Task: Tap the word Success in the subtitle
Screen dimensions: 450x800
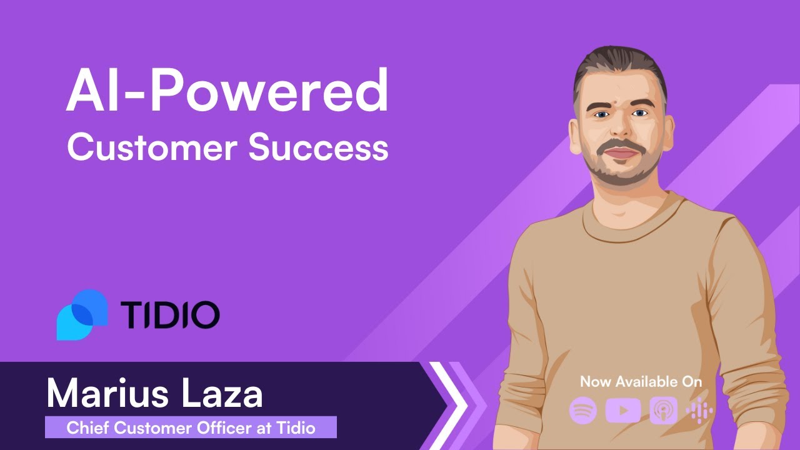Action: tap(317, 148)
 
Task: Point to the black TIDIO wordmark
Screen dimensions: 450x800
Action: tap(169, 314)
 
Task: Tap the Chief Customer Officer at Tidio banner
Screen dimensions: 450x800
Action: tap(191, 428)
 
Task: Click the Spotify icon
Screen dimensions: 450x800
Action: tap(583, 411)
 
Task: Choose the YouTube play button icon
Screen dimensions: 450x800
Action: tap(623, 411)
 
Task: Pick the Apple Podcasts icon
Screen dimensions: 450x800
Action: tap(662, 411)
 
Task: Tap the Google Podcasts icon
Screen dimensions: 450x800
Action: tap(699, 411)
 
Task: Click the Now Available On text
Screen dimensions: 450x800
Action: tap(641, 381)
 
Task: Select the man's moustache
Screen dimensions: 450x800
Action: tap(622, 149)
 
